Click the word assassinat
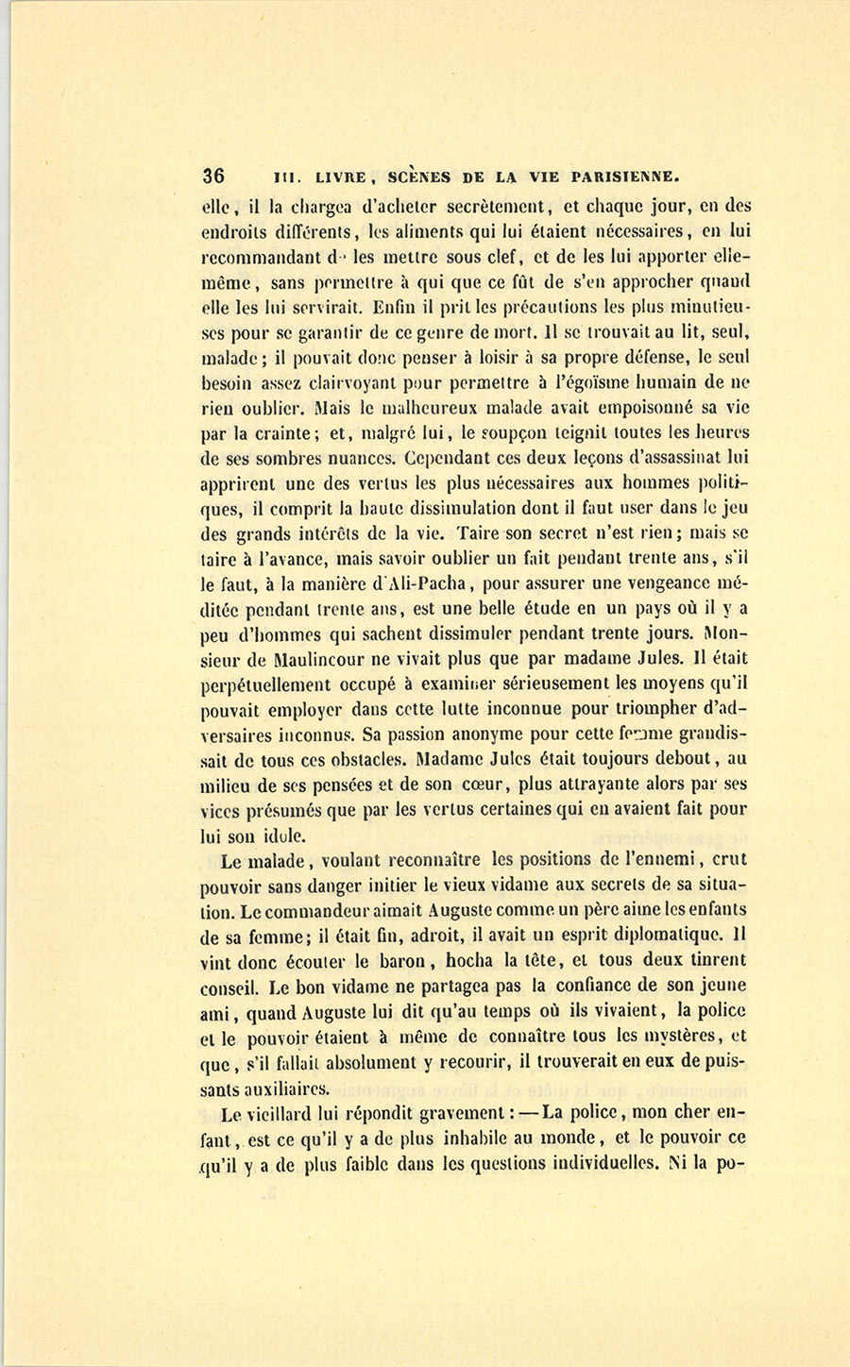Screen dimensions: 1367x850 coord(669,461)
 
